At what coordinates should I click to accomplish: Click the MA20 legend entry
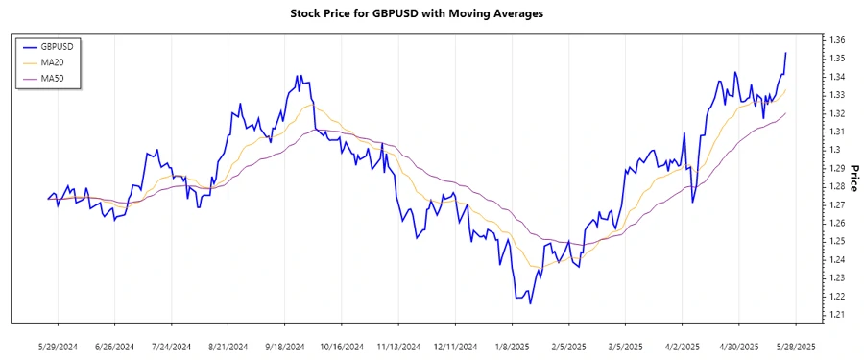(50, 62)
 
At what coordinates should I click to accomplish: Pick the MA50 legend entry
(50, 78)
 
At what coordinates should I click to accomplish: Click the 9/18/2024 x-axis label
(285, 346)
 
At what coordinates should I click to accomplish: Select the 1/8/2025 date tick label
(512, 346)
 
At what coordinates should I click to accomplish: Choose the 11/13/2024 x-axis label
(398, 346)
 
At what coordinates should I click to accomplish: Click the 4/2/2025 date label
(681, 346)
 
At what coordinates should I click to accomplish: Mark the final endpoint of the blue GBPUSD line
(786, 53)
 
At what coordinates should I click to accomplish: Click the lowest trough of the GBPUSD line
(530, 304)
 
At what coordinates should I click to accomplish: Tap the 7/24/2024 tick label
(171, 346)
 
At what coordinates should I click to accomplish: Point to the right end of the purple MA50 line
(786, 113)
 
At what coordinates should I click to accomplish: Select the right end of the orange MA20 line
(786, 90)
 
